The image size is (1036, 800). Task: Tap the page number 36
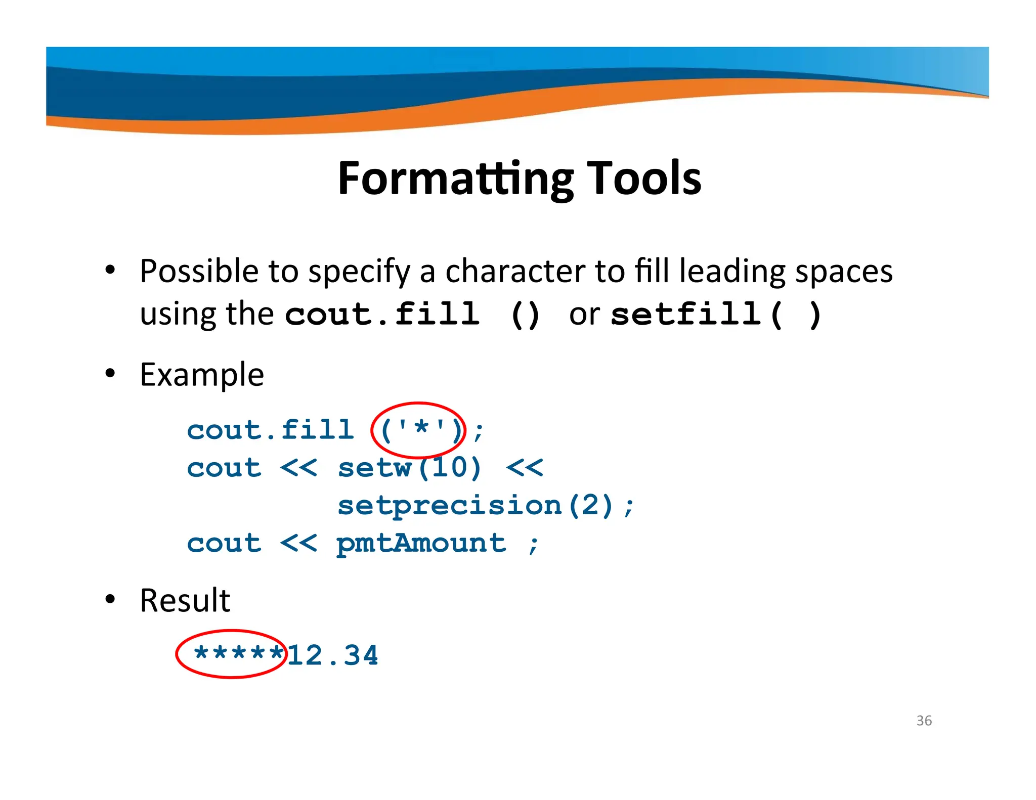pyautogui.click(x=924, y=721)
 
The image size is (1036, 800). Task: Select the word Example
pyautogui.click(x=202, y=375)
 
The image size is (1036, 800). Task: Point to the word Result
pyautogui.click(x=185, y=601)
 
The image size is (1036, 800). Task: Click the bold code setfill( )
pyautogui.click(x=715, y=315)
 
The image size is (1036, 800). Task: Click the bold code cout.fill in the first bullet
pyautogui.click(x=382, y=315)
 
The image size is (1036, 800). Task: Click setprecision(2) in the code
pyautogui.click(x=476, y=505)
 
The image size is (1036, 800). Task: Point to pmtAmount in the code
pyautogui.click(x=421, y=544)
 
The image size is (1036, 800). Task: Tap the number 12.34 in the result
pyautogui.click(x=333, y=655)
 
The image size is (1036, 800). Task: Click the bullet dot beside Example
pyautogui.click(x=110, y=374)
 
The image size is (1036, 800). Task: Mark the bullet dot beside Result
pyautogui.click(x=110, y=600)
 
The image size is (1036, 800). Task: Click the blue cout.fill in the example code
pyautogui.click(x=270, y=430)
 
